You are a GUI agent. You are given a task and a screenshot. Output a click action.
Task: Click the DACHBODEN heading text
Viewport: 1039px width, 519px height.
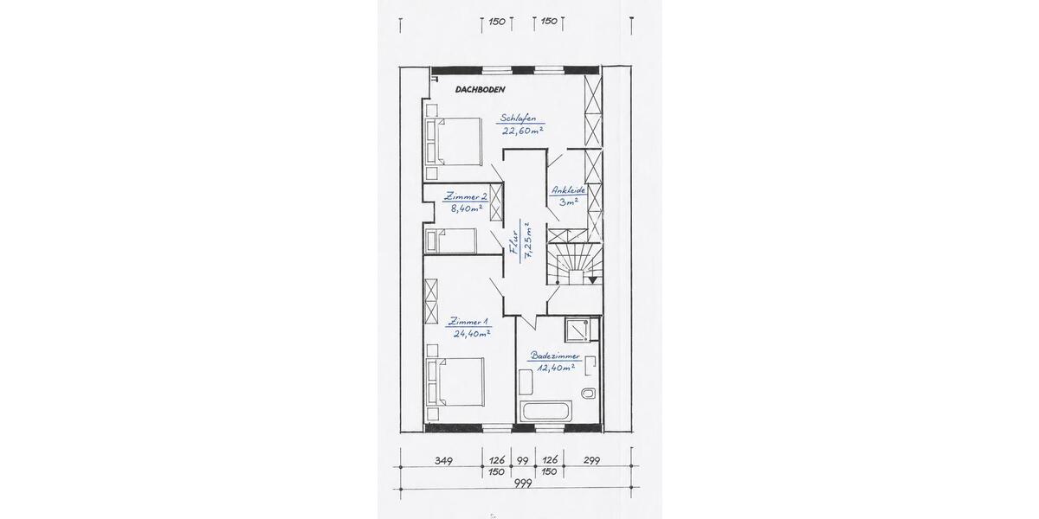point(480,89)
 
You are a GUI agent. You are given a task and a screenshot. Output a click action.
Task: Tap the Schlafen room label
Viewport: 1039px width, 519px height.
point(518,119)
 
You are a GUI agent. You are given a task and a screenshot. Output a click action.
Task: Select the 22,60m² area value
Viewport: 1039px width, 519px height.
point(522,131)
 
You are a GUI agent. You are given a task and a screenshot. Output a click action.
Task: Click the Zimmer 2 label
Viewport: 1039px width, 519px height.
point(465,196)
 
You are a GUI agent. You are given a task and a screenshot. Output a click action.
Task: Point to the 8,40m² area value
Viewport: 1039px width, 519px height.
point(467,208)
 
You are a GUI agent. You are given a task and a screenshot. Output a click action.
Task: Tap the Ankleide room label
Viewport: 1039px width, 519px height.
point(569,189)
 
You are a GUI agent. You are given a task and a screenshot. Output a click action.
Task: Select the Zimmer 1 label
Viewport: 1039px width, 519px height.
point(468,321)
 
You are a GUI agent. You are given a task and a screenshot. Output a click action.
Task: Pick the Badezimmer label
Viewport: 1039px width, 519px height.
point(555,356)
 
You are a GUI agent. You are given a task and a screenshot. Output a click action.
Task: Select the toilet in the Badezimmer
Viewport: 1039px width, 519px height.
point(589,394)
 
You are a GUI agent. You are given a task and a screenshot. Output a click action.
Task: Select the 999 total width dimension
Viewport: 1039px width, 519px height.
point(522,484)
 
